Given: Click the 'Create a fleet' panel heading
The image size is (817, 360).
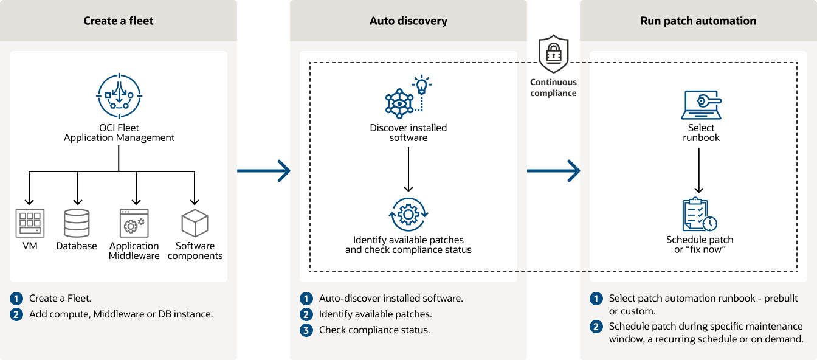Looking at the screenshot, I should (119, 21).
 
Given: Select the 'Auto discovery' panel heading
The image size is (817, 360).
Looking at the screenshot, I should (408, 21).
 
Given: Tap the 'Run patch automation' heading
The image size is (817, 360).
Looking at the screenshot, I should (698, 21).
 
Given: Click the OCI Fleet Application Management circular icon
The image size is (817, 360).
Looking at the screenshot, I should (119, 95).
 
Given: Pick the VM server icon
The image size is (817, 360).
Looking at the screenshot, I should (29, 223).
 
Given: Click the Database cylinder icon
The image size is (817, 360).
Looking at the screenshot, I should (77, 223).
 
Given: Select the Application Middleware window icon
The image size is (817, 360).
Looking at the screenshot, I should (133, 223).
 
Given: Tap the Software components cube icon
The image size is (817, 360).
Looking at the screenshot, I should (195, 223).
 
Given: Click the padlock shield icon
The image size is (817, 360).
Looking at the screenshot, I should (553, 54).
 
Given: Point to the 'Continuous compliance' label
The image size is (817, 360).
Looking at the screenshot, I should (553, 88).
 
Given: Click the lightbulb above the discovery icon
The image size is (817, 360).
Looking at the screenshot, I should (422, 85).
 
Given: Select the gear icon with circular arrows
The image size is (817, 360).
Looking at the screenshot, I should (408, 214).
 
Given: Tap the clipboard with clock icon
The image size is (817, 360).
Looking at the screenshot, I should (699, 215).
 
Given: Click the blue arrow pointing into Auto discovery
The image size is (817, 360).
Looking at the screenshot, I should (264, 171).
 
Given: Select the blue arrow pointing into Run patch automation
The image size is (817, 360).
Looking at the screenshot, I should (553, 171).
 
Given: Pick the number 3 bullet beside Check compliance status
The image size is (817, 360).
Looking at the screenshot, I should (306, 330).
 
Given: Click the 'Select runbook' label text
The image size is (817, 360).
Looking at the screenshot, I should (701, 133).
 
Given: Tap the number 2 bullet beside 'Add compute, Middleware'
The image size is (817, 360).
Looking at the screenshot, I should (16, 314).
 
